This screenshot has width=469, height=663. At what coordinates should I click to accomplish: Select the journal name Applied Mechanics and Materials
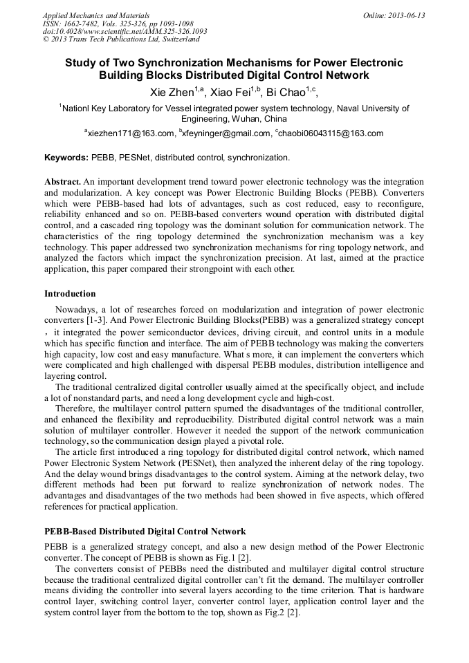(x=96, y=15)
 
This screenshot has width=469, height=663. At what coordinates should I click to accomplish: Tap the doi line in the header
(x=125, y=31)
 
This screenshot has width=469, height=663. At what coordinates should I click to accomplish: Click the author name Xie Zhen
(x=172, y=93)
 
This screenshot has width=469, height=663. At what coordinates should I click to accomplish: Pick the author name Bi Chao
(x=286, y=93)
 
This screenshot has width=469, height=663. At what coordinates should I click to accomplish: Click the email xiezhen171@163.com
(x=131, y=133)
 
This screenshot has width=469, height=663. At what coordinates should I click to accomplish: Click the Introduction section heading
(x=70, y=294)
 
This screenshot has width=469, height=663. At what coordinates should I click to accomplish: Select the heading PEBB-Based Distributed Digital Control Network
(x=145, y=532)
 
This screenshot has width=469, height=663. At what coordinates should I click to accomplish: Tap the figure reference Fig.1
(x=223, y=557)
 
